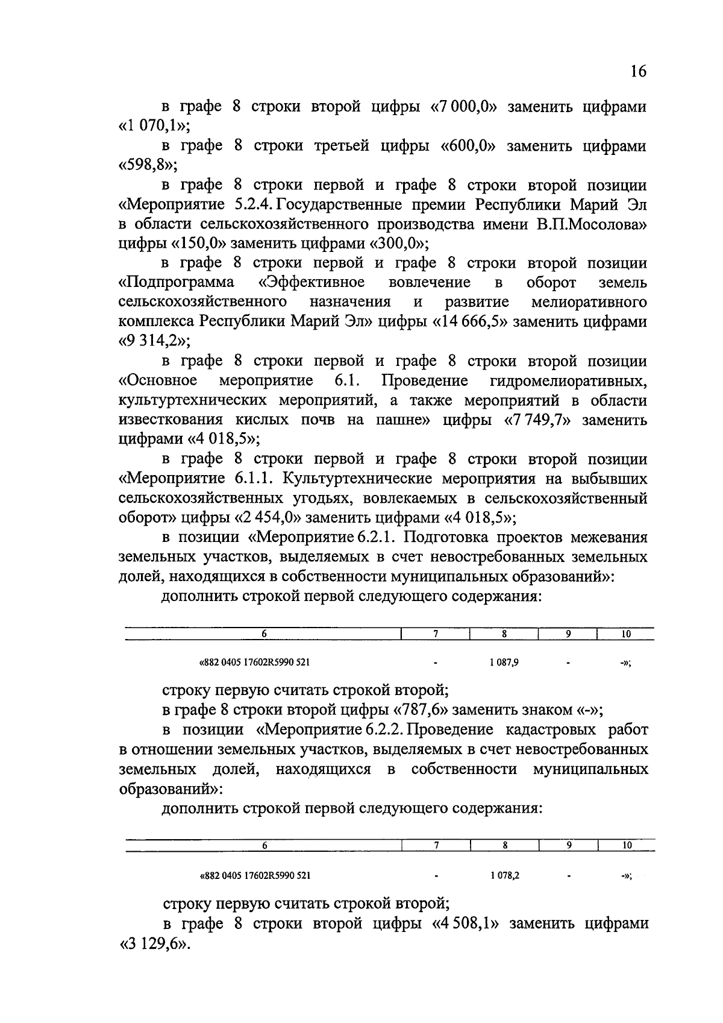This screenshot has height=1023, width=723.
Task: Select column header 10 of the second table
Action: tap(626, 846)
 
